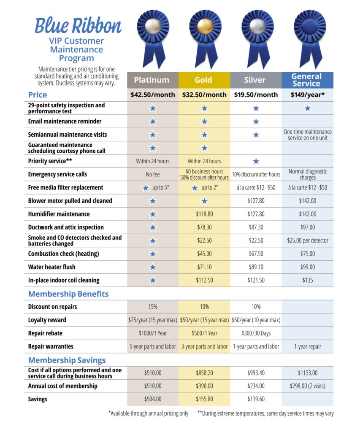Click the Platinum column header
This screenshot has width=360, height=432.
click(152, 80)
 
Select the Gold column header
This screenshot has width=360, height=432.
click(203, 80)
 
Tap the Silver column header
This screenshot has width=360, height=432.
click(255, 80)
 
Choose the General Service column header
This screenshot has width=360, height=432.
click(307, 80)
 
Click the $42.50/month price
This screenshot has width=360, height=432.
click(152, 94)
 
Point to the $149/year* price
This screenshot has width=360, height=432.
click(307, 94)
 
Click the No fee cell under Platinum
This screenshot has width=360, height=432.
click(152, 174)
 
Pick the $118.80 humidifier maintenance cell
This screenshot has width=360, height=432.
click(204, 214)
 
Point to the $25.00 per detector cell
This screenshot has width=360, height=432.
click(307, 240)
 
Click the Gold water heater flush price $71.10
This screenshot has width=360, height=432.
click(204, 267)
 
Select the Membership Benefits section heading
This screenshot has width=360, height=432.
click(68, 294)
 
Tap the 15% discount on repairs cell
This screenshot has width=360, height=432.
click(152, 307)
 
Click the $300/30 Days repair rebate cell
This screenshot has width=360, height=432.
click(256, 333)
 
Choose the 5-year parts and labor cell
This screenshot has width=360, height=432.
click(152, 346)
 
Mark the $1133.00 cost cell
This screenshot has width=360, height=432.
click(307, 373)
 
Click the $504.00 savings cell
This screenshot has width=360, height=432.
click(152, 399)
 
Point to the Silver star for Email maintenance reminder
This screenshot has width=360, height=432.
click(256, 121)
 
